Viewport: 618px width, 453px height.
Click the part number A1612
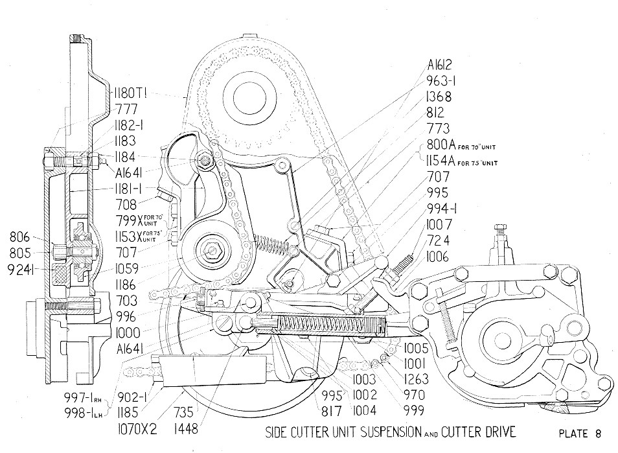pos(448,65)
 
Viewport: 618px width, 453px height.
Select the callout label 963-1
pos(448,81)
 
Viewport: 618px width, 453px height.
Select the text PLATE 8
pos(582,433)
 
